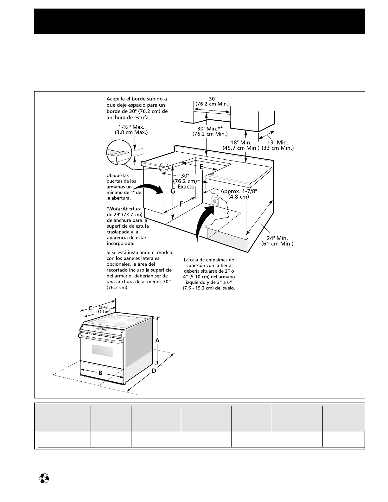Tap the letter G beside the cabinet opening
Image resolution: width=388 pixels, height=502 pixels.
(173, 191)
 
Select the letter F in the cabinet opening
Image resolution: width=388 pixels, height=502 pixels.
(181, 204)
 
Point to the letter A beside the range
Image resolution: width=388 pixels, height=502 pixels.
(157, 340)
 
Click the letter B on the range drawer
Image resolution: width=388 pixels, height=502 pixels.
(100, 373)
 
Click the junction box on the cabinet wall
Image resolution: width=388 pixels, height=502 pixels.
(215, 201)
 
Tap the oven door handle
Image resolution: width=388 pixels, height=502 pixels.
(100, 339)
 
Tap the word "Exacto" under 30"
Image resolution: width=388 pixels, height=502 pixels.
(186, 187)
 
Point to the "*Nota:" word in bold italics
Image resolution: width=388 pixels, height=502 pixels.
(114, 209)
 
